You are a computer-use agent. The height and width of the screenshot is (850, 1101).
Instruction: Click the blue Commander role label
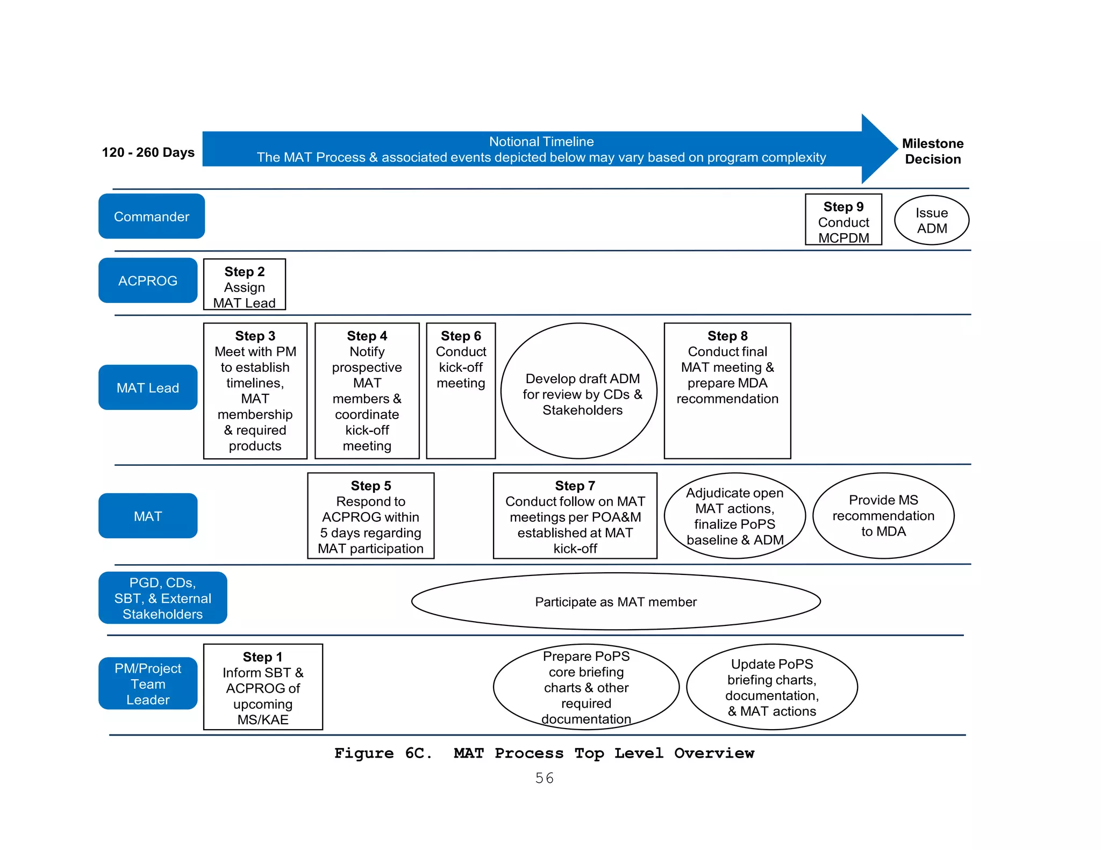[151, 217]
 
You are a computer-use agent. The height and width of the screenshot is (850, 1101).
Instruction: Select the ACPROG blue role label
[148, 280]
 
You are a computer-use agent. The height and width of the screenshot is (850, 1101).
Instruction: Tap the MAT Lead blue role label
[148, 387]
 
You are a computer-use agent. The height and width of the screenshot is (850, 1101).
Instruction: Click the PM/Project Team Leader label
[148, 683]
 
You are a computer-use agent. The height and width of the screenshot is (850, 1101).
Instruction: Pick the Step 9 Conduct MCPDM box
[843, 220]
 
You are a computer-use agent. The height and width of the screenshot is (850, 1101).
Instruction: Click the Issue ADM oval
[931, 220]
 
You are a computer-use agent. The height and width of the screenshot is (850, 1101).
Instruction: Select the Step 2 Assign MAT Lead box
[244, 285]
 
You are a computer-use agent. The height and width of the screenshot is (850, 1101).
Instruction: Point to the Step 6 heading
[461, 336]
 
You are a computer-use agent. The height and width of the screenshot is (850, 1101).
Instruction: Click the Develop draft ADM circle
[579, 391]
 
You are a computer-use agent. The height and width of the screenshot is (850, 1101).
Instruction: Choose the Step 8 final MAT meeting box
[727, 391]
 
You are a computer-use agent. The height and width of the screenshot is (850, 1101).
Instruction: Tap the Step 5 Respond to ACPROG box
[370, 516]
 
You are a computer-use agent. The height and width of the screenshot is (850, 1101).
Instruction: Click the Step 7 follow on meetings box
[575, 516]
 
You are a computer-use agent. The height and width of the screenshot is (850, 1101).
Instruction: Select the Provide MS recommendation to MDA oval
[883, 516]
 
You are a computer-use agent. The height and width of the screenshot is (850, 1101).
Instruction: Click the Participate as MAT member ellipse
[616, 601]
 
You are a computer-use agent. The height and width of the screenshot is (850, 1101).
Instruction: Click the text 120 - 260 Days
[148, 153]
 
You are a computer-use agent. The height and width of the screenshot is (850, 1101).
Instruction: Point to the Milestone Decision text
[932, 151]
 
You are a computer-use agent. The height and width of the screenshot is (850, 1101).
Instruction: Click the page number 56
[544, 778]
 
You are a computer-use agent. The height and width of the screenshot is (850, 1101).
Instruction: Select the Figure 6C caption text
[544, 753]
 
